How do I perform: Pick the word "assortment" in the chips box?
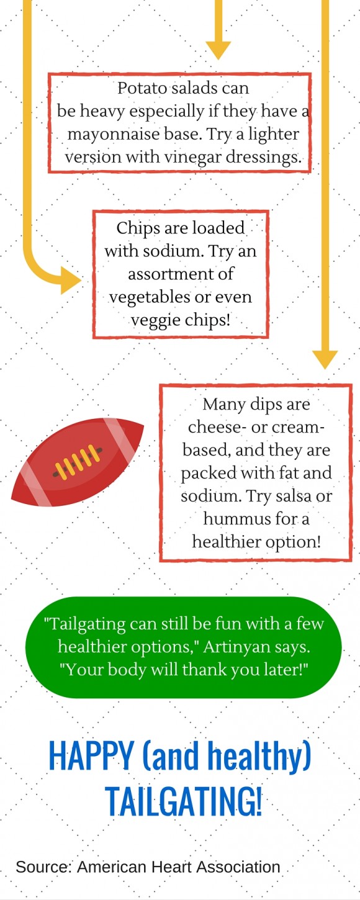pyautogui.click(x=158, y=274)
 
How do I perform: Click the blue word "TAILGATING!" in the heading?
pyautogui.click(x=183, y=801)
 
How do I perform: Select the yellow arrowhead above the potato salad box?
pyautogui.click(x=218, y=50)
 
